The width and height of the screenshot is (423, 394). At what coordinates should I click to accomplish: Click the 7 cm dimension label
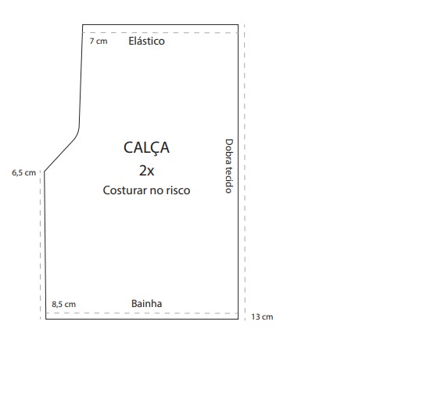99,41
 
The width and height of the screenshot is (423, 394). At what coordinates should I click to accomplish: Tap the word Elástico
146,41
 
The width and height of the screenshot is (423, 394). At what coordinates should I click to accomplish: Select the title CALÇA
146,148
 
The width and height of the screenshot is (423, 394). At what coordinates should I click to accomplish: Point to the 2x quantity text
146,171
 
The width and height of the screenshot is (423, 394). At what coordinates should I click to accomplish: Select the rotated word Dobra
229,151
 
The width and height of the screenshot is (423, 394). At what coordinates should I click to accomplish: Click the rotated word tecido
229,179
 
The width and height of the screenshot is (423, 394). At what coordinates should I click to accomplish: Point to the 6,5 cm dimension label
23,172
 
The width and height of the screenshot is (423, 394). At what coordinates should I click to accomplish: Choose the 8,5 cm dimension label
63,304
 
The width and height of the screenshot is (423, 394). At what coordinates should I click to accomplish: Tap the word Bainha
146,303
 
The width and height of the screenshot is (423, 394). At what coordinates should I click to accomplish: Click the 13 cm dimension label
262,316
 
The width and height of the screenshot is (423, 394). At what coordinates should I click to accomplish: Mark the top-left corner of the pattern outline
83,24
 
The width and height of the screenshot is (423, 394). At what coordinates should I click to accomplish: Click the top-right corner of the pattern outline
238,24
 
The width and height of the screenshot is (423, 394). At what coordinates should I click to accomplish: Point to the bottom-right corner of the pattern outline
238,319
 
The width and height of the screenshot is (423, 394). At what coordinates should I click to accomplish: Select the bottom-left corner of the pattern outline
46,319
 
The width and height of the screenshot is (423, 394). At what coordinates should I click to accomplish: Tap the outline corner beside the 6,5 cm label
45,171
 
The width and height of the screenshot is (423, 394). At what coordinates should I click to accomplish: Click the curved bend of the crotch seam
77,134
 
